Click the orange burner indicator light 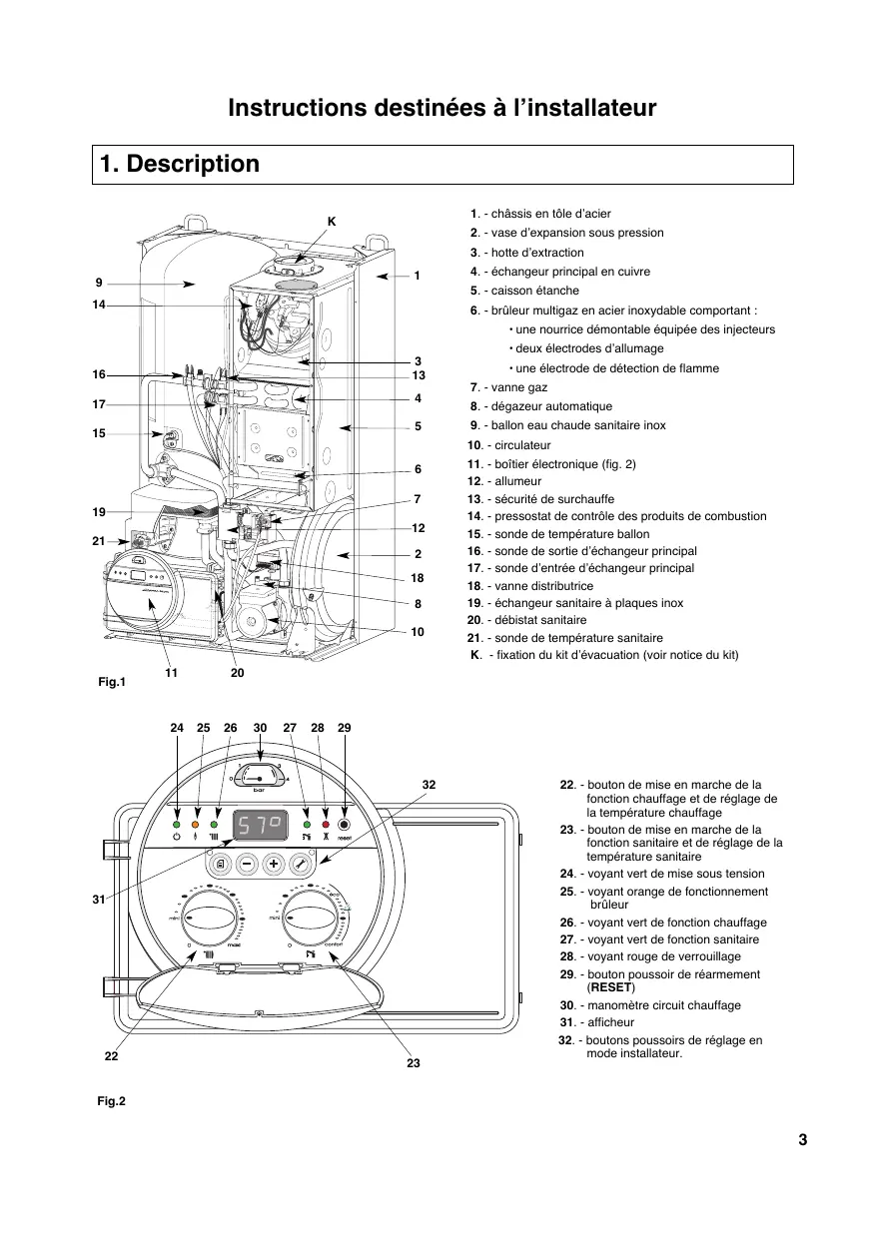(195, 825)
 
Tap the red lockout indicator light (326, 825)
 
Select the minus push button (248, 865)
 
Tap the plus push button (273, 865)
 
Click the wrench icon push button (298, 865)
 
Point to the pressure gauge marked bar (259, 776)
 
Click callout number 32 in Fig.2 (429, 785)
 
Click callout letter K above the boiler (331, 220)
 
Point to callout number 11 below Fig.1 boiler (171, 674)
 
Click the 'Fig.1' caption (110, 683)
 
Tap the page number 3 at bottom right (802, 1140)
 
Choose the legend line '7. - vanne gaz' (509, 387)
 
